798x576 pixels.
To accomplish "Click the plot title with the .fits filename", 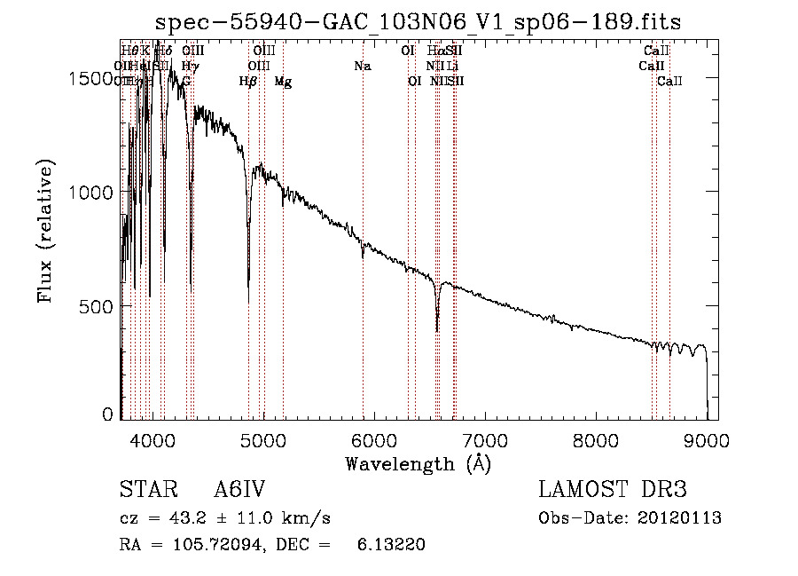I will click(418, 21).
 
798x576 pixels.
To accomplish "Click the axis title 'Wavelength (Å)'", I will click(418, 464).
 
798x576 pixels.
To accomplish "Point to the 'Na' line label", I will click(362, 66).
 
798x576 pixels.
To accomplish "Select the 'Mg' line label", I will click(283, 82).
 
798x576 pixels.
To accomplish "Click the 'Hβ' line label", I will click(248, 82).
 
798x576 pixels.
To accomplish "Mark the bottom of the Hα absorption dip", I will click(437, 330).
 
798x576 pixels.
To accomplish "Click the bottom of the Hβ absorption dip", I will click(248, 303).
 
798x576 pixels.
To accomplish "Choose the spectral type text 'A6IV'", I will click(240, 491).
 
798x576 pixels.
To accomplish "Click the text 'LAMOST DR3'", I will click(613, 491).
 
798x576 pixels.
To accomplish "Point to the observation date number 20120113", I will click(681, 518).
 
